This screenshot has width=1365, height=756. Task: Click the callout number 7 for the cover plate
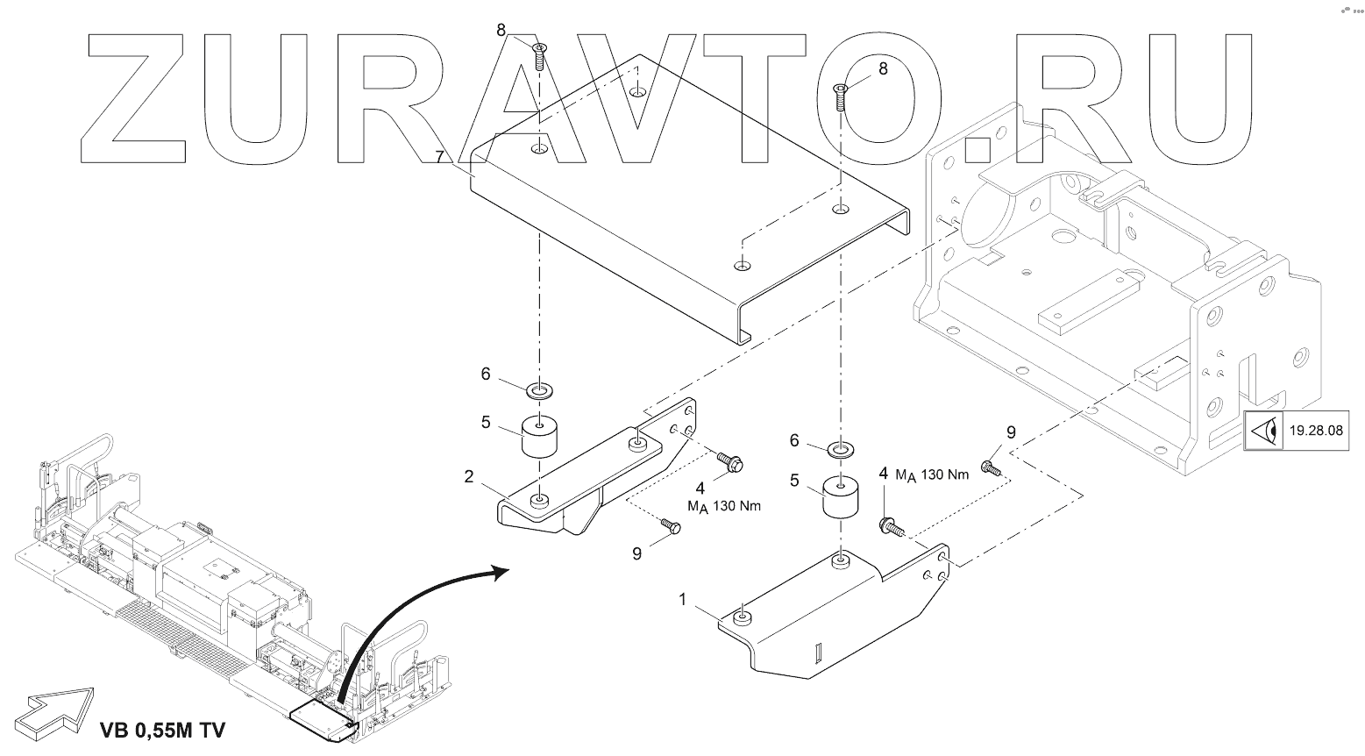[440, 157]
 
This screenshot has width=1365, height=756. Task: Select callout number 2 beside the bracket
[468, 477]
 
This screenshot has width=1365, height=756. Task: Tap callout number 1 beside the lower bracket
[682, 600]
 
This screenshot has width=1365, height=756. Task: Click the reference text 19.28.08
[1316, 431]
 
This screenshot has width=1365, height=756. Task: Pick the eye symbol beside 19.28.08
[1262, 431]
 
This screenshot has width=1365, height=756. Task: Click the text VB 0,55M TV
[163, 730]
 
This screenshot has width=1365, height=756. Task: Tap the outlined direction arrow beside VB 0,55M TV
[53, 714]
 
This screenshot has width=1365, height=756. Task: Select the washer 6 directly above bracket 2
[538, 389]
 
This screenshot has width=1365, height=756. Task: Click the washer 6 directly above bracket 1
[841, 451]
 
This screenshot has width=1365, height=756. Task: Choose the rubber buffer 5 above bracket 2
[539, 436]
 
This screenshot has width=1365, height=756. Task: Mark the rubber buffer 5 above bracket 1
[842, 497]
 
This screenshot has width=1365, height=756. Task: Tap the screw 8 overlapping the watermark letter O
[841, 97]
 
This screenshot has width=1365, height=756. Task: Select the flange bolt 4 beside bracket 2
[729, 461]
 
